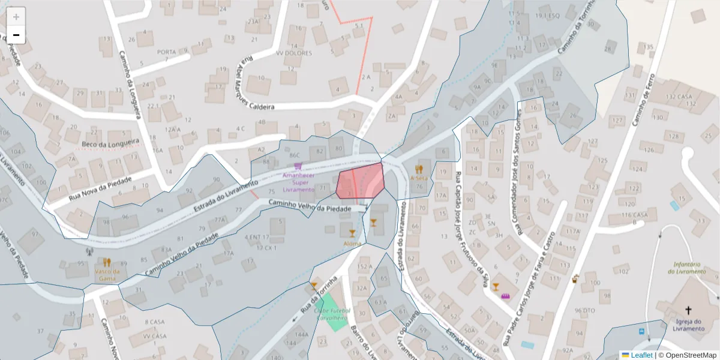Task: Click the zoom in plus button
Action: point(16,16)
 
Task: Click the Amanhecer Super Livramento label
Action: point(298,182)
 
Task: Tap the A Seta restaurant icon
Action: point(418,169)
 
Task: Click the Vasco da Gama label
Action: point(107,274)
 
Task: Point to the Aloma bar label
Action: point(352,244)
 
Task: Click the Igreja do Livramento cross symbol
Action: point(688,310)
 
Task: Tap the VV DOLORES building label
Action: point(294,53)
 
